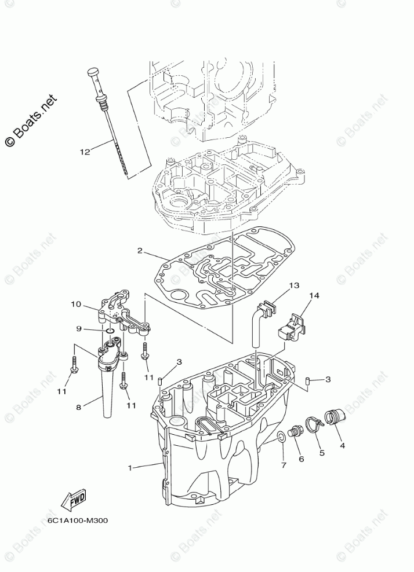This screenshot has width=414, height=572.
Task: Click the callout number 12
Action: [85, 152]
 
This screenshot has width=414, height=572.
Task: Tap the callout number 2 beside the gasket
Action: [140, 252]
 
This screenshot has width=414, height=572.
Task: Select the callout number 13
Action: [294, 285]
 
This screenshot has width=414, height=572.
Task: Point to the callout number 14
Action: [314, 296]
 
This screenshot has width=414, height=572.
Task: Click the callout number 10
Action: [76, 304]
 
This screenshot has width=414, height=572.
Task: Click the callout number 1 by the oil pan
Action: [130, 466]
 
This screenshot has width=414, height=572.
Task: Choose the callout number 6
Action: [301, 459]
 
